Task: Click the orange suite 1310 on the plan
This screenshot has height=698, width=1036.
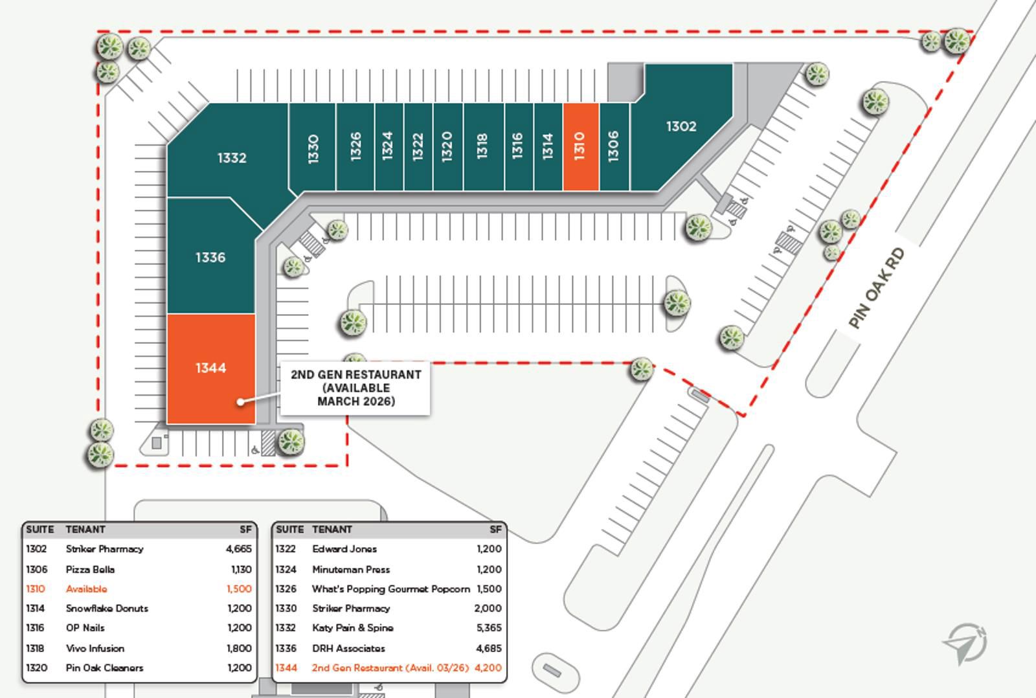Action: point(580,146)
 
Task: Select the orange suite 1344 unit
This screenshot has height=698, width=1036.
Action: point(211,368)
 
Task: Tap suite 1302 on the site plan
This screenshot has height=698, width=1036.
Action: point(681,126)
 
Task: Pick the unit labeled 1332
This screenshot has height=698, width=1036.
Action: point(231,157)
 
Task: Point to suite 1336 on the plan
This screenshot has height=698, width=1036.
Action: point(210,258)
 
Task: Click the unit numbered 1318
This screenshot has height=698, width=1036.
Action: point(482,146)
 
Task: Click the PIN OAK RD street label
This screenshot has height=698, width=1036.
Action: point(877,287)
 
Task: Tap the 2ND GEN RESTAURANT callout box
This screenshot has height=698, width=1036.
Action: point(355,388)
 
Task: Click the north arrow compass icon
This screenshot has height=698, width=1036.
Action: point(965,643)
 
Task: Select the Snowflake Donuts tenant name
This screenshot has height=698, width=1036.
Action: point(107,609)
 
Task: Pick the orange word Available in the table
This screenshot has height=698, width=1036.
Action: point(86,589)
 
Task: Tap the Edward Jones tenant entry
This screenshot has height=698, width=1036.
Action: point(344,549)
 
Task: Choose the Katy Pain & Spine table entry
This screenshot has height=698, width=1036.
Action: point(352,628)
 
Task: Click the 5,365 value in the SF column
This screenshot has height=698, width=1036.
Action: point(488,628)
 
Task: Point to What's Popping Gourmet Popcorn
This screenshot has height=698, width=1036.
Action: point(390,589)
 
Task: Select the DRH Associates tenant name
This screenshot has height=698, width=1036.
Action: point(348,648)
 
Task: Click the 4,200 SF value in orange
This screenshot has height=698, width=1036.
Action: point(488,668)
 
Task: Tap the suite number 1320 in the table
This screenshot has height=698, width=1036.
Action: point(36,668)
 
